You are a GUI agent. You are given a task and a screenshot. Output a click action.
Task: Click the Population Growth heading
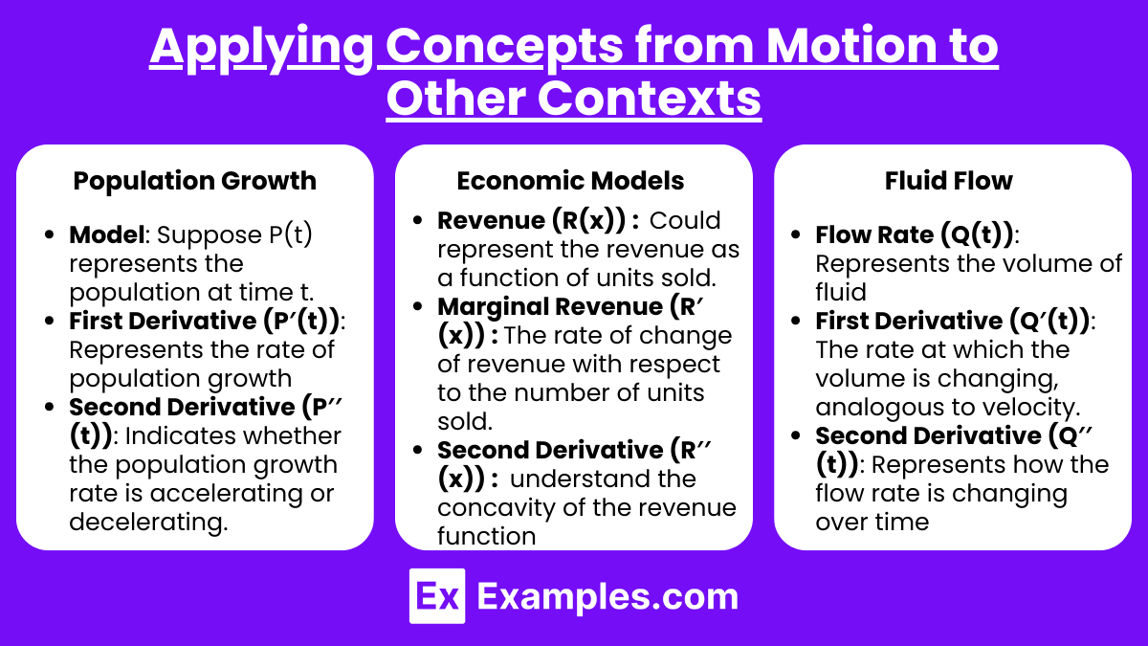(x=195, y=182)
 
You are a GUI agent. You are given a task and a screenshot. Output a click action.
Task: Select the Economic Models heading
(x=570, y=181)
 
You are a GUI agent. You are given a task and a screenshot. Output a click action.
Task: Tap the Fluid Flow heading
(x=949, y=181)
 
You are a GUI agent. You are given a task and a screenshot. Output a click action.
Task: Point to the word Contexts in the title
(x=649, y=99)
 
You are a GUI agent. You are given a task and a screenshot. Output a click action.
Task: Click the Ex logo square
(x=437, y=595)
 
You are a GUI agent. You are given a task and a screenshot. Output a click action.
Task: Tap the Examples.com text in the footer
(x=607, y=597)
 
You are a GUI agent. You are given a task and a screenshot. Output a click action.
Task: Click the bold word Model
(x=106, y=234)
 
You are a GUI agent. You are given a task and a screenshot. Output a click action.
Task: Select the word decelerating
(x=147, y=523)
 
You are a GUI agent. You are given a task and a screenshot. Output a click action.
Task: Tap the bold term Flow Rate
(x=874, y=234)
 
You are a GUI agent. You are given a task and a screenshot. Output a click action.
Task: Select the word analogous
(x=879, y=408)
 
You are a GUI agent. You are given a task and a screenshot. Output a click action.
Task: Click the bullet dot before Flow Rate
(x=795, y=235)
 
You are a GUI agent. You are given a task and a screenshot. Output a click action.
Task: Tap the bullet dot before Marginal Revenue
(x=418, y=307)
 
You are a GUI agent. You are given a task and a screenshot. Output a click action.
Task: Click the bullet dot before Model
(x=50, y=235)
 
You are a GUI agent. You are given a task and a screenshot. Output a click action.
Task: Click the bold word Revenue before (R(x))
(x=491, y=220)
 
